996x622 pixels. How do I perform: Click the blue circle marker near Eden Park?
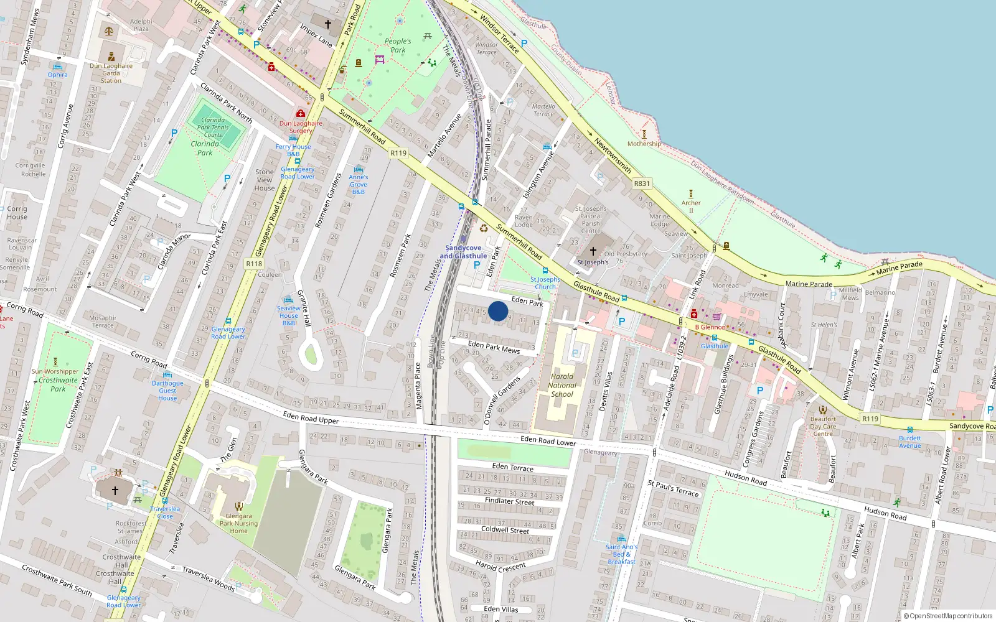498,311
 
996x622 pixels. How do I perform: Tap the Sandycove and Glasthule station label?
463,252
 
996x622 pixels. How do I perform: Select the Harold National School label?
562,385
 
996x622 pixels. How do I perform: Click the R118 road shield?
254,264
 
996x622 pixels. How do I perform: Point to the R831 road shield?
641,183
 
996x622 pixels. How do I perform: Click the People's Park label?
397,45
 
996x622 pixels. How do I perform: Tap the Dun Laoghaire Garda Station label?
111,73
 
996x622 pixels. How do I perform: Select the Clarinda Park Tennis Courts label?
213,128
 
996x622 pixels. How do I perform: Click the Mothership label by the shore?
644,144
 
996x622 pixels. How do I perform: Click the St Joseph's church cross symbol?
593,251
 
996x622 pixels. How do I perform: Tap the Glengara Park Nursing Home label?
238,523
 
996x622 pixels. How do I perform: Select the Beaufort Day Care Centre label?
823,426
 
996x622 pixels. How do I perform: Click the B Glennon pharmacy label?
710,327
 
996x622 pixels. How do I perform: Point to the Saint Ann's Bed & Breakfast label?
621,554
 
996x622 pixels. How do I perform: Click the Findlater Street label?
509,501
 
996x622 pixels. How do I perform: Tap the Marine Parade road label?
809,284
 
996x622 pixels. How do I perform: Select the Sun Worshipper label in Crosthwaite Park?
55,371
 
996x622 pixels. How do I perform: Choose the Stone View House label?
265,180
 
